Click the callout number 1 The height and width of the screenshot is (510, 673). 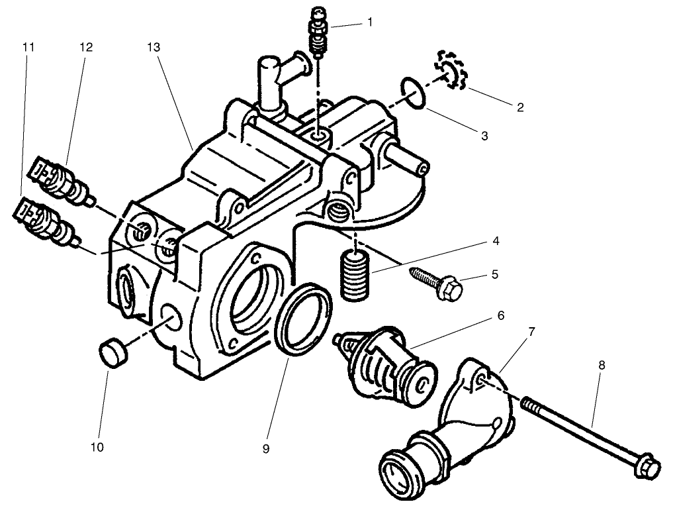point(370,22)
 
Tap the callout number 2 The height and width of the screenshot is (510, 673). point(520,107)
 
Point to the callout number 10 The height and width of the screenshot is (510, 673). point(97,447)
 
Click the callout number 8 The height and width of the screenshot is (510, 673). point(601,365)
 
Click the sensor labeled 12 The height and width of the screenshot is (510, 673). point(60,179)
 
